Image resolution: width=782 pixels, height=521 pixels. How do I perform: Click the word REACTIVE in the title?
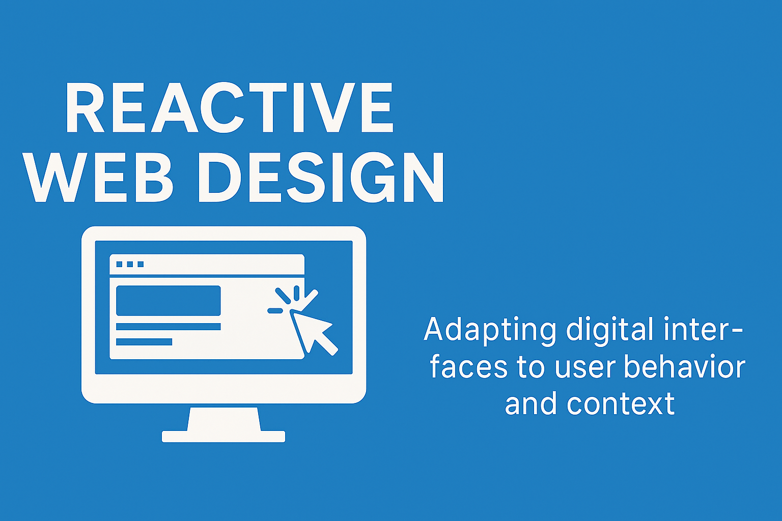point(230,107)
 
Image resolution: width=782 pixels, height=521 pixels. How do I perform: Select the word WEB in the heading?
point(98,177)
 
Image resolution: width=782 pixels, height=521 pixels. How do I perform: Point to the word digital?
point(610,329)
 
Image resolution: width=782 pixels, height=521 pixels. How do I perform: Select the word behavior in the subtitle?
point(685,367)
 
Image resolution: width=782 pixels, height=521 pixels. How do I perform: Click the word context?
point(621,404)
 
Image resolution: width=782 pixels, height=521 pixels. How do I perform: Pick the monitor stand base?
point(224,437)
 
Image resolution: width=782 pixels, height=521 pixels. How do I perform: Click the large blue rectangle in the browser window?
point(169,301)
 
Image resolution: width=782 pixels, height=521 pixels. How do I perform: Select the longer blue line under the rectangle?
point(169,327)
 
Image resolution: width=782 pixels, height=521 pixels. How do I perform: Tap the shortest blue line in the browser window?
point(144,341)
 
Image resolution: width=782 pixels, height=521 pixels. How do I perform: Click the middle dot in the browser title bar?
point(130,264)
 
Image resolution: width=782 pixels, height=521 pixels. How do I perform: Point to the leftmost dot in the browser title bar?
point(120,264)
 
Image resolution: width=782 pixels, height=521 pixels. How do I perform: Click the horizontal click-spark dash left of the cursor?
point(275,310)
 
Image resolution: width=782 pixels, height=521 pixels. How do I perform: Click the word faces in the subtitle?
point(468,367)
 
